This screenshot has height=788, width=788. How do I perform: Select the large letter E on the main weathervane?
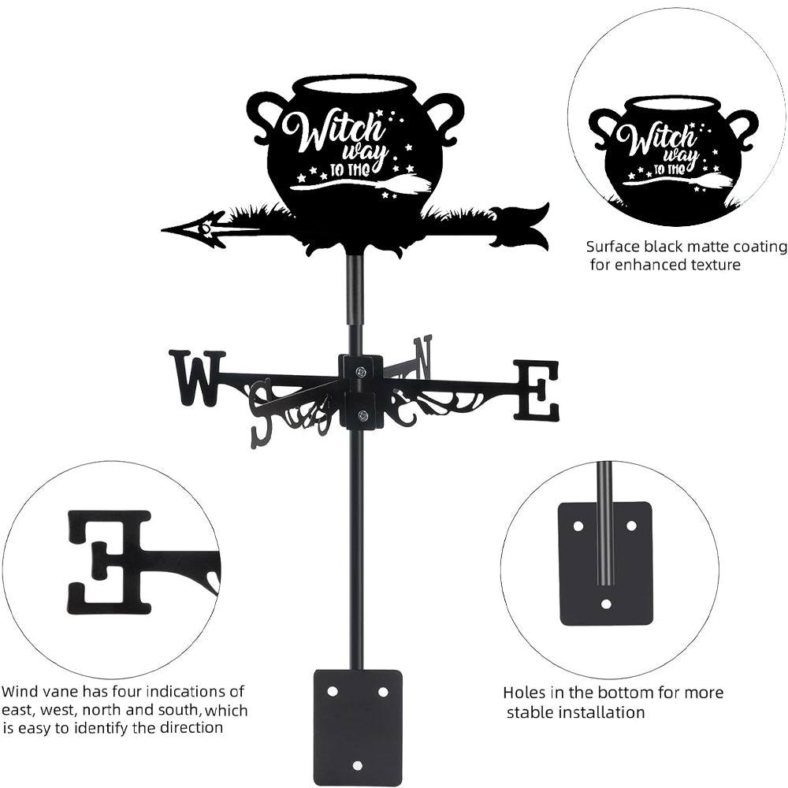(537, 389)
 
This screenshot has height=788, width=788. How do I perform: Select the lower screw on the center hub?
(362, 416)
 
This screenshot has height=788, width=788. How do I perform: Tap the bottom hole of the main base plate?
(357, 765)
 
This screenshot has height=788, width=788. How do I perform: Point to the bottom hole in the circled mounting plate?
(605, 604)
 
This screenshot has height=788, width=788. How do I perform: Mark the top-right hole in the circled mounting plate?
(631, 524)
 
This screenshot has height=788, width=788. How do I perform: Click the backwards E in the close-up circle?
(111, 561)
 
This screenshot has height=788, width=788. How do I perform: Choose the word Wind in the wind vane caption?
(20, 692)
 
